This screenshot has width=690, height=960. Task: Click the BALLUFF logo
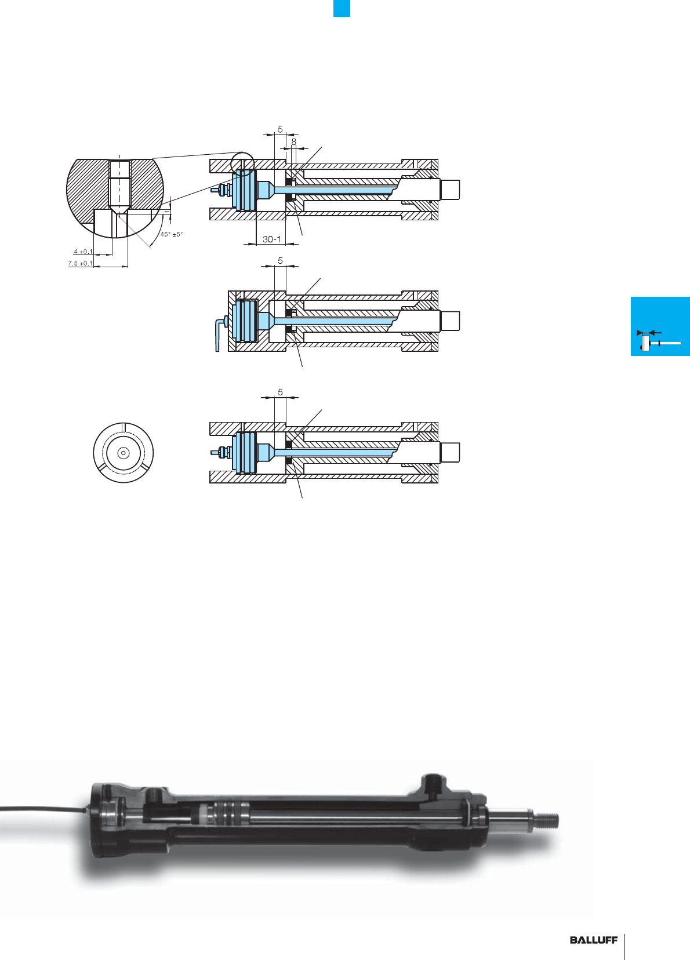click(594, 940)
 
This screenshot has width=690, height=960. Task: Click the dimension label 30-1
click(272, 239)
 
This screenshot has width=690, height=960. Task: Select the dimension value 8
click(293, 141)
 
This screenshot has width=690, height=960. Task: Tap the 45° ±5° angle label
click(172, 234)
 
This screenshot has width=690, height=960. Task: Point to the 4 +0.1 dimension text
click(83, 252)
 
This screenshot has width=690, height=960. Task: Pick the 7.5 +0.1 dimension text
click(81, 263)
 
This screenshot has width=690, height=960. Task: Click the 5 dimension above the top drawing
click(280, 129)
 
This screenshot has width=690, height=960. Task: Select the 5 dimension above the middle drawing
click(280, 260)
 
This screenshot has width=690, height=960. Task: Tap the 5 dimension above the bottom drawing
click(280, 392)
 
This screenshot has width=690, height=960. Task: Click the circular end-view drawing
click(124, 453)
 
